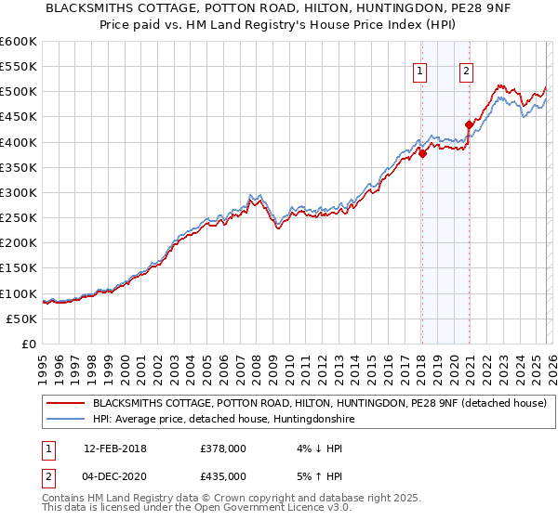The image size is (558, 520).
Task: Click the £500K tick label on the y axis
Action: [18, 92]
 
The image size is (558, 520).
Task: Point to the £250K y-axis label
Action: [18, 218]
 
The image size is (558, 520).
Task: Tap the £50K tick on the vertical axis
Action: [21, 318]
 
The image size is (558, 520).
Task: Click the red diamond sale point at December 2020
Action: [469, 124]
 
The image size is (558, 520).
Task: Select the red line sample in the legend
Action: [65, 404]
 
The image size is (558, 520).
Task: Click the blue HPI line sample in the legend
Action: [65, 420]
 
